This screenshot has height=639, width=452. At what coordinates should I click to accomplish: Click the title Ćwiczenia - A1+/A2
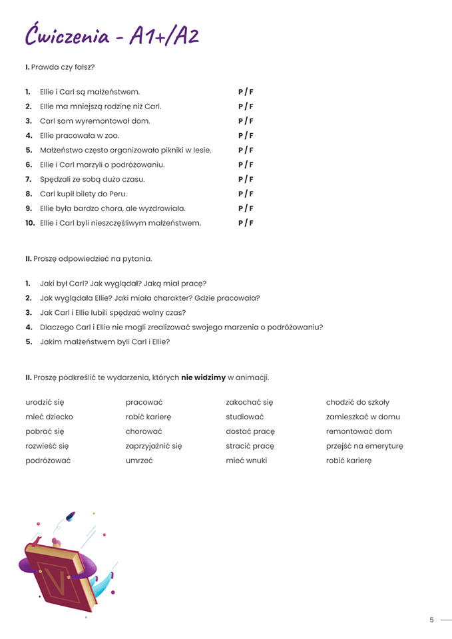click(x=112, y=35)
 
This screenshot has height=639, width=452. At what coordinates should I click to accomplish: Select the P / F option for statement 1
click(x=246, y=92)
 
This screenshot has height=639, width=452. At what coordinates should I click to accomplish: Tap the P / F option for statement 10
click(x=246, y=223)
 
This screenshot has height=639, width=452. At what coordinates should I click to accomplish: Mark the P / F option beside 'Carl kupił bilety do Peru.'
click(x=246, y=194)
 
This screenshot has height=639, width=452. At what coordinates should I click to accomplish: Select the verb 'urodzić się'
click(x=45, y=402)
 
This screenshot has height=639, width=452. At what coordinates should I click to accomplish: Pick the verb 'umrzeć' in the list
click(x=139, y=461)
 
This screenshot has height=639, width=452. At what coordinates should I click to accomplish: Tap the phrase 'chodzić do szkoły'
click(x=357, y=402)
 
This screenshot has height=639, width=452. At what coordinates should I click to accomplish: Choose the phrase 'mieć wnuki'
click(x=246, y=461)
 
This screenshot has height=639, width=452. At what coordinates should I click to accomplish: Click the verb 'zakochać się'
click(x=250, y=402)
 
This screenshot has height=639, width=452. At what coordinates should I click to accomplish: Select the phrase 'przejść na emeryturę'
click(x=364, y=446)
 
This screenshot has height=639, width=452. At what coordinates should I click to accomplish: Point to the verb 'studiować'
click(x=245, y=417)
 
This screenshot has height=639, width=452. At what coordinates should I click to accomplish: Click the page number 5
click(x=431, y=620)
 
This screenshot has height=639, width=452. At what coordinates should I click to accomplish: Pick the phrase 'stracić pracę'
click(x=250, y=446)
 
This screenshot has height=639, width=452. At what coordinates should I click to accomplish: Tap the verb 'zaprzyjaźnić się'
click(x=154, y=446)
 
